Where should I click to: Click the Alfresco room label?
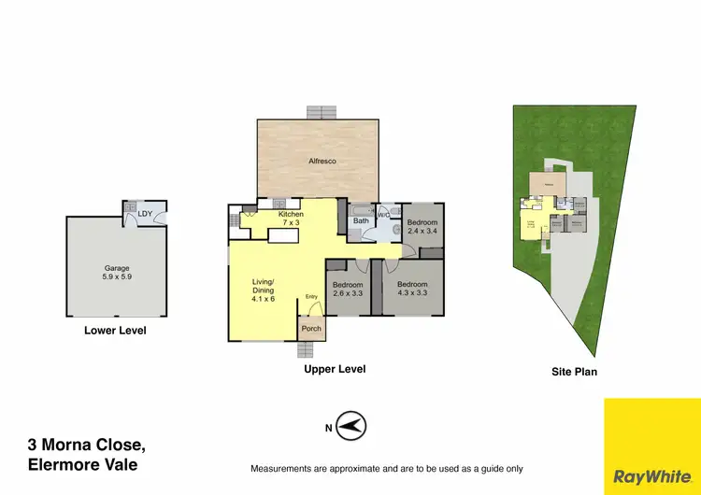point(322,162)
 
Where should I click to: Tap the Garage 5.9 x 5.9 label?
point(117,273)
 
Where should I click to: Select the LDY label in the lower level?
point(145,214)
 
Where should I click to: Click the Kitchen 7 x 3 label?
point(292,219)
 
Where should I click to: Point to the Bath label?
point(361,221)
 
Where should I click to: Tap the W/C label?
point(383,215)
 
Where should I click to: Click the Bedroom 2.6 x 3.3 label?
point(349,289)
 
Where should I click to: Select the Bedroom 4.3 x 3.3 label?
point(412,289)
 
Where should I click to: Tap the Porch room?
point(311,329)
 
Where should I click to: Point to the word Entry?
point(311,297)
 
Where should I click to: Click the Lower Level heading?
point(115,331)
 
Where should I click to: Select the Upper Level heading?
point(335,369)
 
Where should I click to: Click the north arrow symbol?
point(350,428)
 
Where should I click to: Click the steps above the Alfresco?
point(321,111)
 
